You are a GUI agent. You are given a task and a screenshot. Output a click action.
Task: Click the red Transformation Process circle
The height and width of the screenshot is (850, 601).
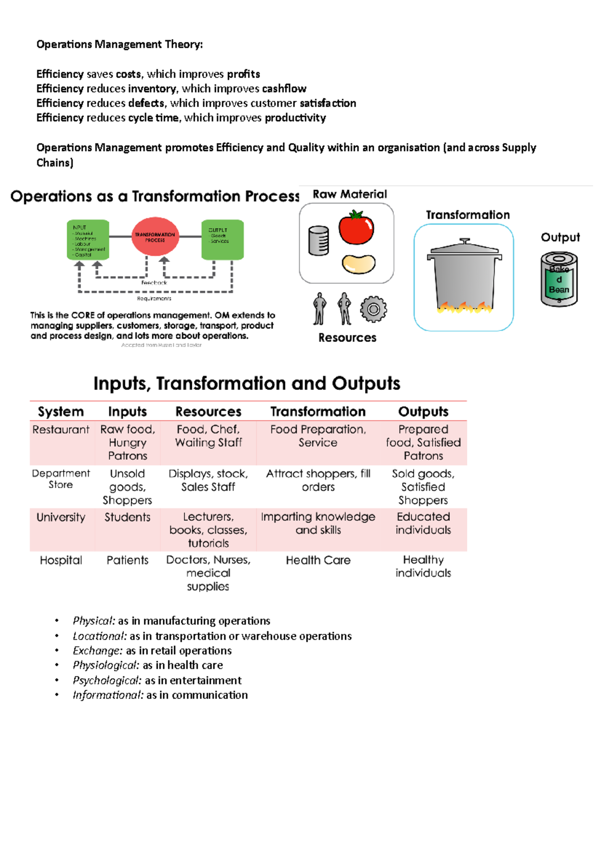click(x=155, y=237)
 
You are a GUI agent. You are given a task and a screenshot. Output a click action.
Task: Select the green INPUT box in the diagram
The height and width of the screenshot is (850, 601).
click(x=88, y=240)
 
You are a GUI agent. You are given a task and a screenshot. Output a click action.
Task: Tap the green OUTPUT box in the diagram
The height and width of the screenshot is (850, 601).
click(x=222, y=240)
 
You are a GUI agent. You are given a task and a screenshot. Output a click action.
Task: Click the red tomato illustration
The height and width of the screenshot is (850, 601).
click(x=356, y=229)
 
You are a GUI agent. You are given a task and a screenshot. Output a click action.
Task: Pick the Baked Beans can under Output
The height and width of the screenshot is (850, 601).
click(x=559, y=279)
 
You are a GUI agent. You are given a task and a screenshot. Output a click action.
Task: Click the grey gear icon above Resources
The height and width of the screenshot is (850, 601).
click(x=373, y=309)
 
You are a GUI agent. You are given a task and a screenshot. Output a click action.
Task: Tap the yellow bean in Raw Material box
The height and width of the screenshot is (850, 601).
click(x=359, y=264)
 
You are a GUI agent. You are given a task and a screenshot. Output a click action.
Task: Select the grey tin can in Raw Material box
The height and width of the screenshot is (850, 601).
click(x=319, y=241)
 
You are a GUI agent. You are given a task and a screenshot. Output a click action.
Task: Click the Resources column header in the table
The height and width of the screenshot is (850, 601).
click(x=208, y=411)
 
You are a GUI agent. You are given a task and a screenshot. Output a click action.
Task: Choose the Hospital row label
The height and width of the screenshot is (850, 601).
click(x=61, y=560)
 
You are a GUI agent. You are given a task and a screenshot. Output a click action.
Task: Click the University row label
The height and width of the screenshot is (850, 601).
click(x=61, y=517)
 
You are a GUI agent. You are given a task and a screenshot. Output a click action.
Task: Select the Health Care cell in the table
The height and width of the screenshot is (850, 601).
click(x=318, y=560)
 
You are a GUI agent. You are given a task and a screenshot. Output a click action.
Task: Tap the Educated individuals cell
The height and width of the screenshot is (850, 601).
click(x=423, y=523)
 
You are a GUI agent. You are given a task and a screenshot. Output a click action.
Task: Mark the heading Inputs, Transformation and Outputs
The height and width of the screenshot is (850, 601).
click(x=247, y=383)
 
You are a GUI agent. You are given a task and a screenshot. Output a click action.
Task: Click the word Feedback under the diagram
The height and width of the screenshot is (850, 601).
click(x=154, y=283)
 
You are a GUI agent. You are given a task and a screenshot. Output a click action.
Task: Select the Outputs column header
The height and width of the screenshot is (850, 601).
click(x=423, y=411)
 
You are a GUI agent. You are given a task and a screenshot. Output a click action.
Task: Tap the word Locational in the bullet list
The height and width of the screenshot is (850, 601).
click(x=100, y=636)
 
